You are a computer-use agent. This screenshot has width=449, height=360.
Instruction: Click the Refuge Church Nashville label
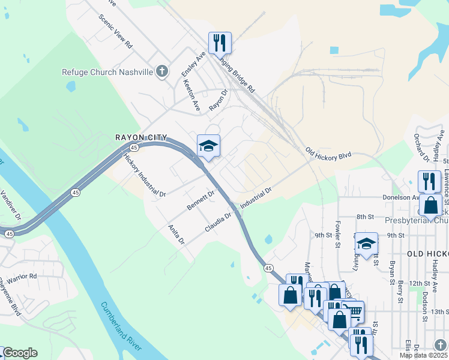click(107, 72)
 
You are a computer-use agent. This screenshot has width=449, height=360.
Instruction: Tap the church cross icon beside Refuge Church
click(161, 72)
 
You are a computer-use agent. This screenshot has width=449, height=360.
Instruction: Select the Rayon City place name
click(140, 138)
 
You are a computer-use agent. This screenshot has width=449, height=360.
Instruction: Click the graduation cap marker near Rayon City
click(208, 146)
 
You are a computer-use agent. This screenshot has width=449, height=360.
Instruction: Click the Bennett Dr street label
click(200, 200)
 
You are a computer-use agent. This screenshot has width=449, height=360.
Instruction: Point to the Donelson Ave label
click(402, 197)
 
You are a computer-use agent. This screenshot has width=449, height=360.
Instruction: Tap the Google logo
click(20, 353)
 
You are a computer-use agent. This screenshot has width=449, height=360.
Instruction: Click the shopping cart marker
click(354, 311)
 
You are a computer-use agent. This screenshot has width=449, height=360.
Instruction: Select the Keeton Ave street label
click(192, 95)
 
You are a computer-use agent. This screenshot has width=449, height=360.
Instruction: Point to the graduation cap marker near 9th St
click(366, 243)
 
